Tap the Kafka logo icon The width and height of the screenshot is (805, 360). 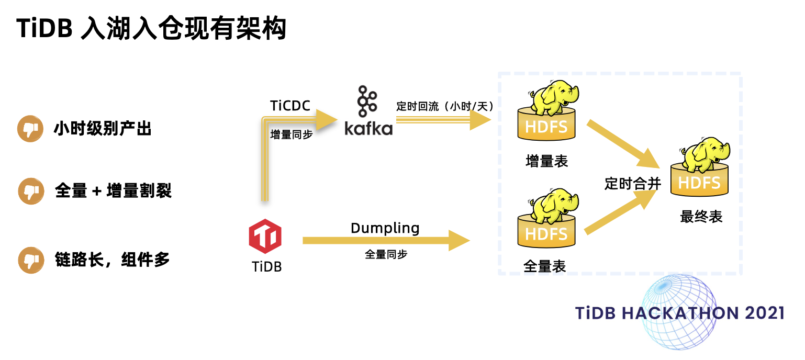click(x=368, y=110)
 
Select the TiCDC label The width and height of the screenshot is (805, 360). click(x=290, y=106)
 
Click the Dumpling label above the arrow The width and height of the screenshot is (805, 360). click(x=385, y=228)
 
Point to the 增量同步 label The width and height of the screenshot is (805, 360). click(x=292, y=134)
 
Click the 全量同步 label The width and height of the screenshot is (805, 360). click(x=386, y=255)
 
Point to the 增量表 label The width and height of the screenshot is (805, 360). click(x=547, y=161)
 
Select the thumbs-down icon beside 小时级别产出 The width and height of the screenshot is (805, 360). click(x=31, y=129)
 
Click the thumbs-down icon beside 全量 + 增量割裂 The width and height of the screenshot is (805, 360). click(x=31, y=191)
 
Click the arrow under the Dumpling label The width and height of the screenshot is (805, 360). click(x=385, y=241)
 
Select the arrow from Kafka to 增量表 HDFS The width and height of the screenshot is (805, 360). click(x=442, y=120)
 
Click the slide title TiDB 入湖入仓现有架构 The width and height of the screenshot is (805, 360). click(x=151, y=29)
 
